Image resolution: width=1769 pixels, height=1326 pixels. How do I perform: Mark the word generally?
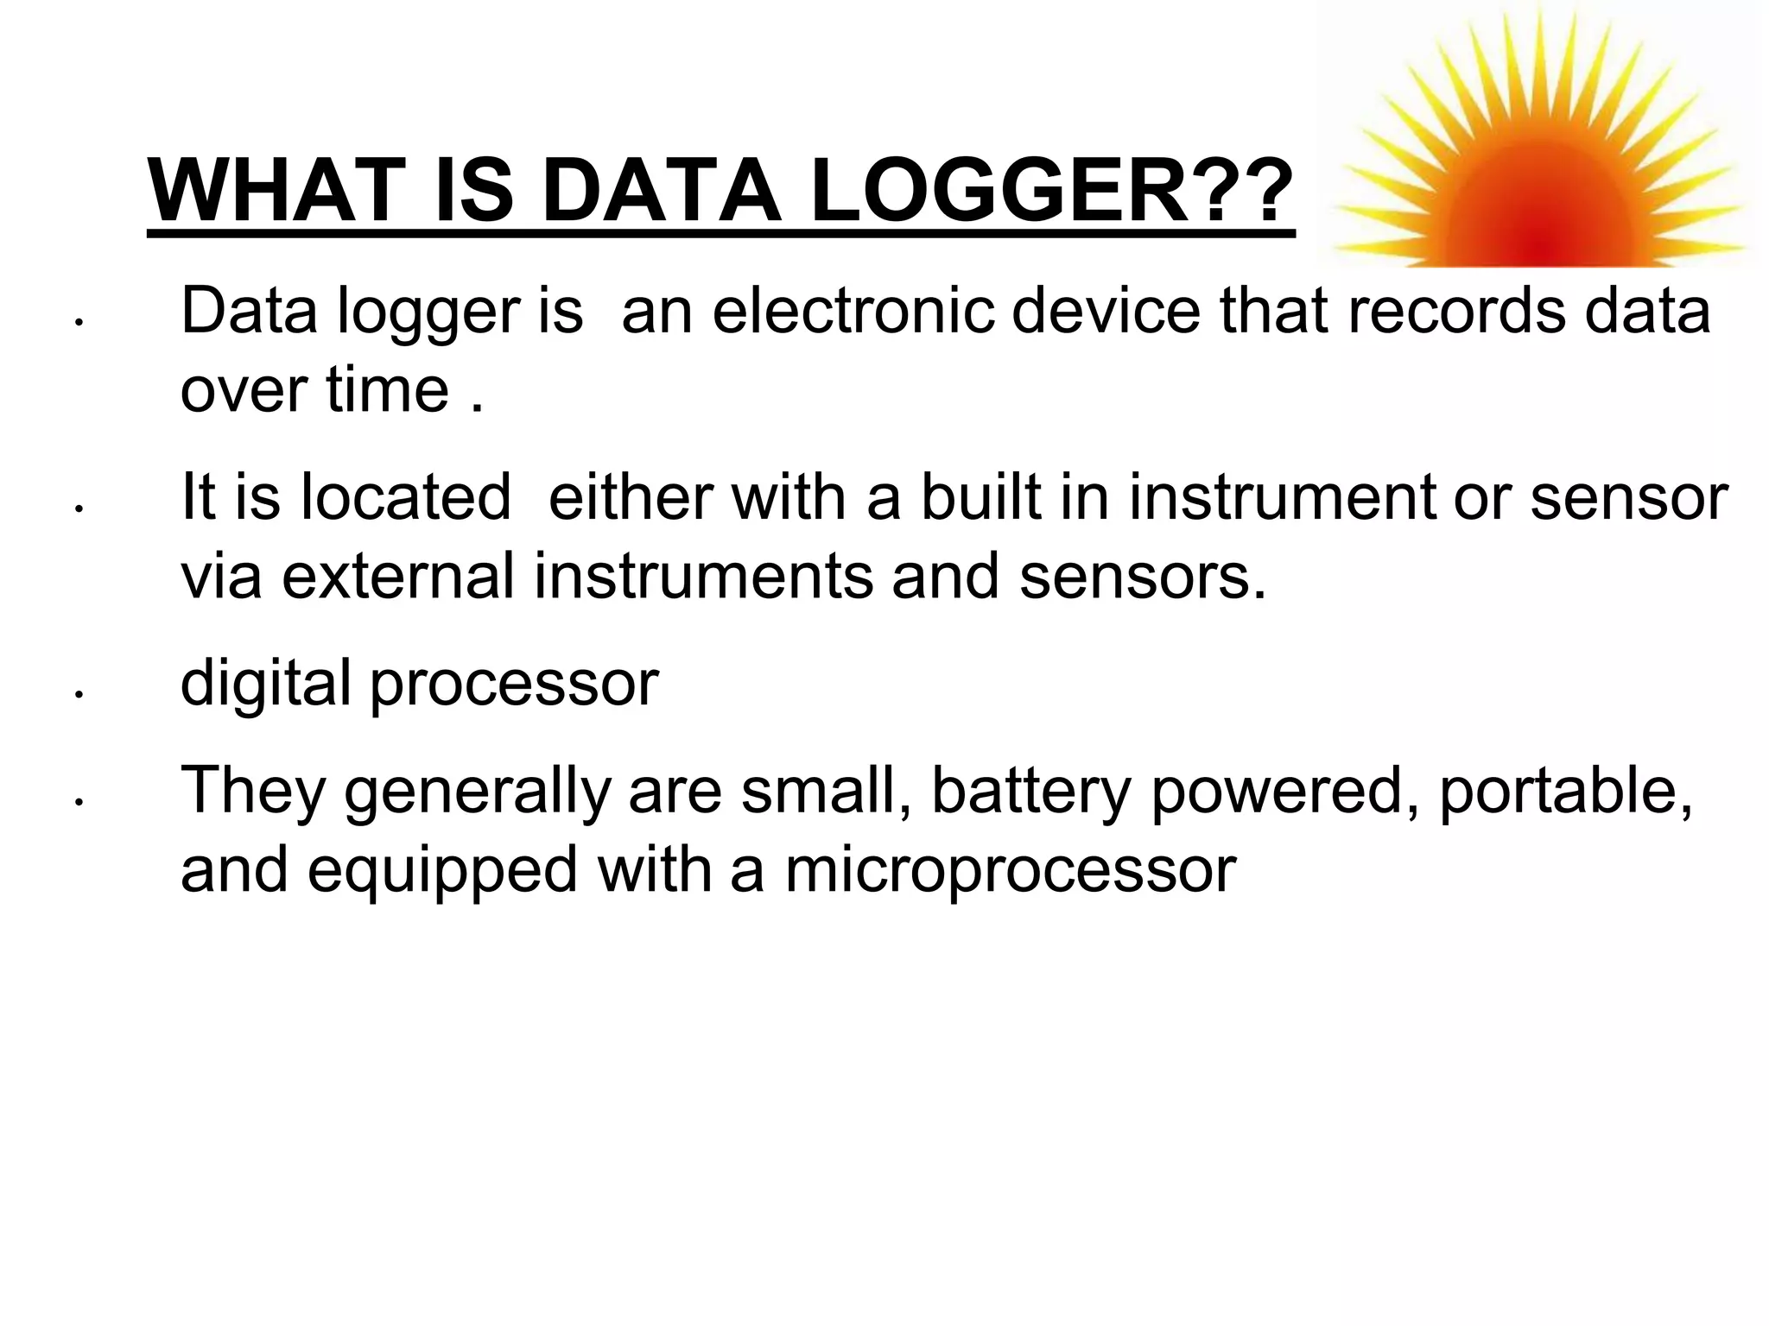click(478, 791)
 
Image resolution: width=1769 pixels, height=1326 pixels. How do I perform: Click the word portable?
click(1564, 791)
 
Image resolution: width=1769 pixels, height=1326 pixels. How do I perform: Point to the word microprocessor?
click(1011, 870)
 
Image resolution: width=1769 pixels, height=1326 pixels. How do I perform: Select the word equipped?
click(442, 870)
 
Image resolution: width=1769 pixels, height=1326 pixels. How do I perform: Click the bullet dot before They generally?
click(78, 802)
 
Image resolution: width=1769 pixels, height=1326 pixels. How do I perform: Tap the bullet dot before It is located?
click(78, 508)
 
